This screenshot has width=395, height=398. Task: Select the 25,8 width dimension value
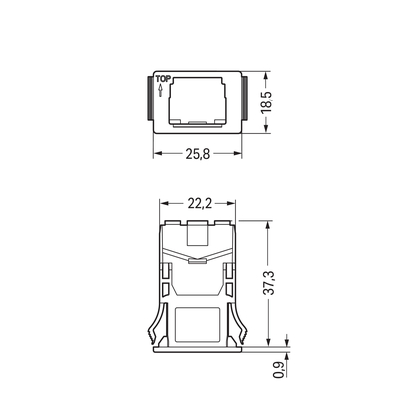coord(197,156)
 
